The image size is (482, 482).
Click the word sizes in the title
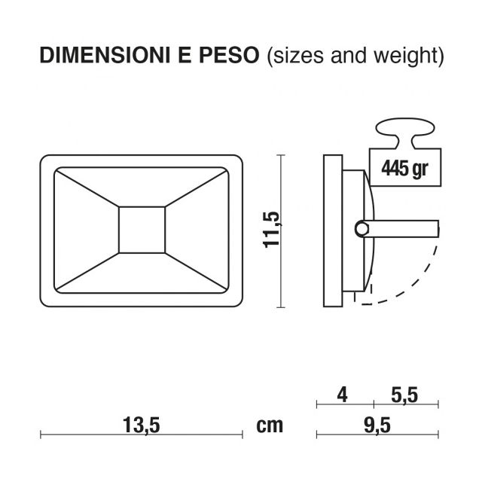295,56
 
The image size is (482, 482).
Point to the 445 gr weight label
404,167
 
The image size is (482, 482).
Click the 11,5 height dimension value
273,230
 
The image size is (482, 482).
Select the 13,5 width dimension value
141,425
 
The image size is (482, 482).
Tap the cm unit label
270,426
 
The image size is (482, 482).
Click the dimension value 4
342,394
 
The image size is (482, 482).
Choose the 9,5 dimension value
377,425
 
